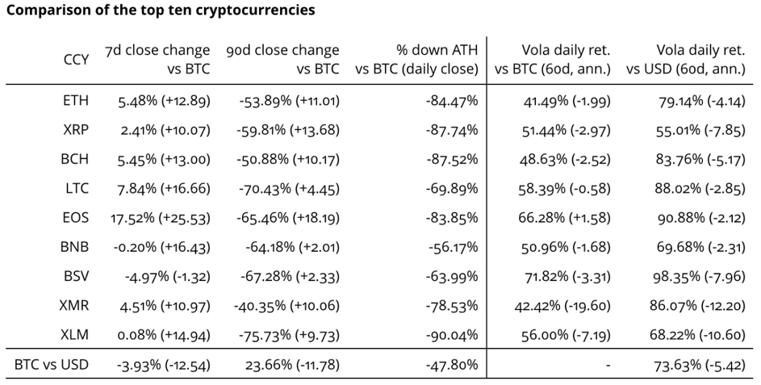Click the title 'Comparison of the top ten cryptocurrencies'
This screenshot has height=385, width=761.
[161, 10]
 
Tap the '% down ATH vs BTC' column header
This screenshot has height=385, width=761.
[416, 60]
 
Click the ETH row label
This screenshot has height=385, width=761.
[76, 101]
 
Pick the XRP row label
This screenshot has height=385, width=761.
[76, 130]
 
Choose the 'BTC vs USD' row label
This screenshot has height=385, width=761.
[51, 364]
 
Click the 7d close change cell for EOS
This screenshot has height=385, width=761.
[158, 218]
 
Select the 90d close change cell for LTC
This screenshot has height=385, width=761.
[289, 189]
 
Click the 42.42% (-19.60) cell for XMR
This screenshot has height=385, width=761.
[561, 305]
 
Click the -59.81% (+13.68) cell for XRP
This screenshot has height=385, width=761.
[289, 130]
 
